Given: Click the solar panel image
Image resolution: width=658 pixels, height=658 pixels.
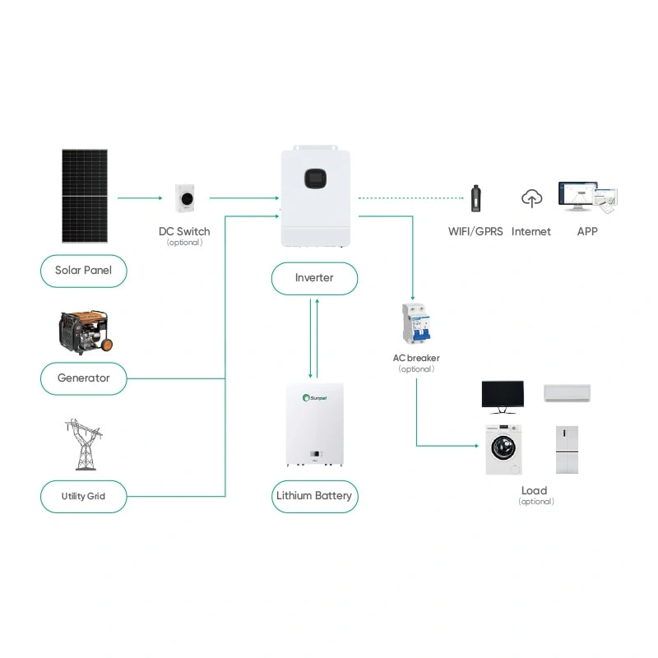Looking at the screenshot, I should [x=85, y=196].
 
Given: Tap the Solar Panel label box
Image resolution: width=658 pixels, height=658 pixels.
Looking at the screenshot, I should [x=84, y=270].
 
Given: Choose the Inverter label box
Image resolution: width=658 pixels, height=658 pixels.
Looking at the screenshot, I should [x=314, y=278].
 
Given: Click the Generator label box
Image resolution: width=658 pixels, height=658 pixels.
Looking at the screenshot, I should [x=84, y=378].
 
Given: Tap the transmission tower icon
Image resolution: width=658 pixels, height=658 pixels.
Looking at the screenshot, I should [x=84, y=444].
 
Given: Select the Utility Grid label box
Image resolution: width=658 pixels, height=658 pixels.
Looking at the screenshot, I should [x=84, y=496].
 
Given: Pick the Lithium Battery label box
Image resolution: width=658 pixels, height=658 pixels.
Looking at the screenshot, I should [x=314, y=496].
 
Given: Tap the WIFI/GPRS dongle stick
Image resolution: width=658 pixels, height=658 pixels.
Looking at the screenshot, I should [x=475, y=200].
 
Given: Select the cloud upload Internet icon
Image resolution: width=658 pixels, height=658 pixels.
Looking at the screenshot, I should [x=532, y=198].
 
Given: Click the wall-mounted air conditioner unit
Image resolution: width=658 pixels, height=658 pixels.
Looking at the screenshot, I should [x=567, y=392].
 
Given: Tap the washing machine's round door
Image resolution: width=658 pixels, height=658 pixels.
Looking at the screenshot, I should [x=502, y=450].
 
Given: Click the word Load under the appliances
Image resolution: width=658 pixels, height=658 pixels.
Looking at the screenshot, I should [x=535, y=491].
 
